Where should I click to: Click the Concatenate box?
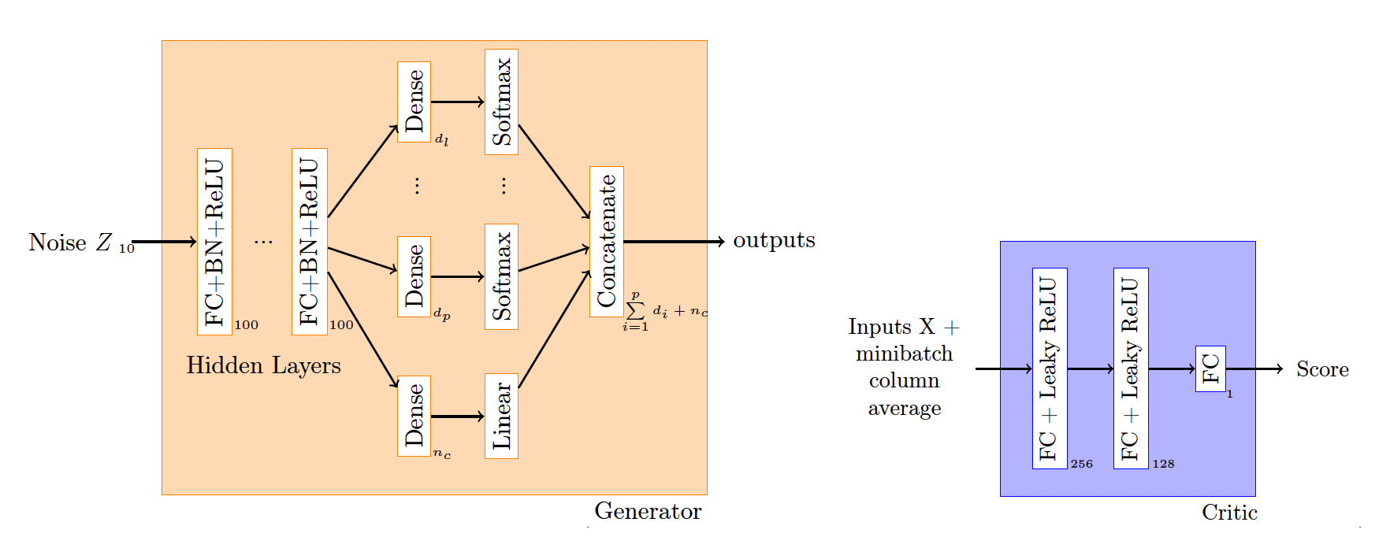pyautogui.click(x=607, y=242)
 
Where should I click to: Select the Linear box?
pyautogui.click(x=501, y=416)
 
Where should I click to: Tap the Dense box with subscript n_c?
pyautogui.click(x=414, y=416)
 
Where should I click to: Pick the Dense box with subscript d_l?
pyautogui.click(x=414, y=102)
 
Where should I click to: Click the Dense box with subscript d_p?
pyautogui.click(x=414, y=276)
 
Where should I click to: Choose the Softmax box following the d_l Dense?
pyautogui.click(x=501, y=102)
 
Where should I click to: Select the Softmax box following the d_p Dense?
pyautogui.click(x=501, y=276)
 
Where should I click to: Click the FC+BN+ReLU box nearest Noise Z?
pyautogui.click(x=214, y=242)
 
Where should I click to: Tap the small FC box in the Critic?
pyautogui.click(x=1210, y=368)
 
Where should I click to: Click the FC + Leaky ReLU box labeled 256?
pyautogui.click(x=1050, y=368)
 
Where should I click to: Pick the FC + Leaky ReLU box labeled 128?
pyautogui.click(x=1131, y=368)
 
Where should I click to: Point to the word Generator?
pyautogui.click(x=648, y=511)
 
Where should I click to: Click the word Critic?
pyautogui.click(x=1229, y=513)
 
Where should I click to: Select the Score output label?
pyautogui.click(x=1322, y=369)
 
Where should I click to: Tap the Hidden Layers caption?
pyautogui.click(x=263, y=365)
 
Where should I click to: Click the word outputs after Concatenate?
pyautogui.click(x=774, y=240)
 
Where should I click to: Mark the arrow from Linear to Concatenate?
pyautogui.click(x=555, y=328)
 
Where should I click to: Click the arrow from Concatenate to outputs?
pyautogui.click(x=674, y=242)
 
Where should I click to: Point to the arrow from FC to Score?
pyautogui.click(x=1255, y=368)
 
